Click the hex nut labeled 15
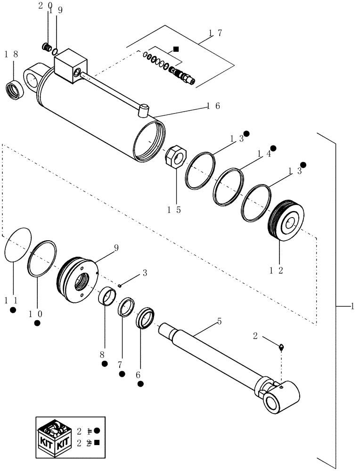[177, 155]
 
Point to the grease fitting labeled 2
[281, 348]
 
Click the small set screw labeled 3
[121, 285]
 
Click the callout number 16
[213, 106]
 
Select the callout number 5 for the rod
[219, 321]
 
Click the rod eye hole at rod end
[273, 403]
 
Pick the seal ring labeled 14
[229, 187]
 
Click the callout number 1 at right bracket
[352, 306]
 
